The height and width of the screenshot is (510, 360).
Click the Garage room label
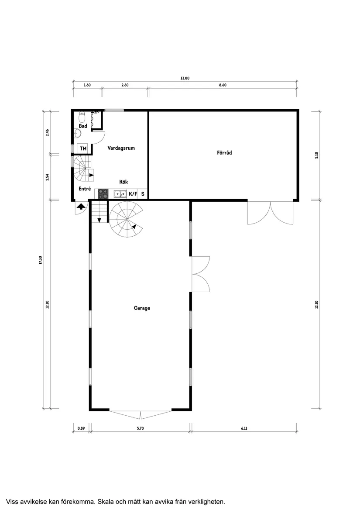[142, 308]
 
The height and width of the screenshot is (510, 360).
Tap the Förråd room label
[225, 152]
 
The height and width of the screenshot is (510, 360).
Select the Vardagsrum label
[121, 148]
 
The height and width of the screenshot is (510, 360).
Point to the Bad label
[83, 126]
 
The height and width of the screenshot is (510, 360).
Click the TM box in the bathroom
[83, 148]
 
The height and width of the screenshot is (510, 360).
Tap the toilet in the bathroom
[82, 117]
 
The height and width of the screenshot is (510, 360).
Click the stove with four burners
[103, 194]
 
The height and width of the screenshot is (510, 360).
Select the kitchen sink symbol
[120, 194]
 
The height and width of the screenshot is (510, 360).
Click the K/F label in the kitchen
[133, 194]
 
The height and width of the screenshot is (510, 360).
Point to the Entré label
[85, 189]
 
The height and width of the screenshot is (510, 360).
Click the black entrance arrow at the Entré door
[81, 206]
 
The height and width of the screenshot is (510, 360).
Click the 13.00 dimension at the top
[185, 78]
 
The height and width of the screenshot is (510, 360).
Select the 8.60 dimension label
[223, 85]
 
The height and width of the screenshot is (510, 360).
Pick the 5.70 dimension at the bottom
[140, 428]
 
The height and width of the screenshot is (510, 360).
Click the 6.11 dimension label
[244, 428]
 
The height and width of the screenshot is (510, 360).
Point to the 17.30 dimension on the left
[40, 260]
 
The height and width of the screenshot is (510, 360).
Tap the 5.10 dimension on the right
[316, 155]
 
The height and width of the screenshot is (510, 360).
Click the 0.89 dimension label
[81, 428]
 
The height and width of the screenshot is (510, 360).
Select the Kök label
[123, 182]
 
